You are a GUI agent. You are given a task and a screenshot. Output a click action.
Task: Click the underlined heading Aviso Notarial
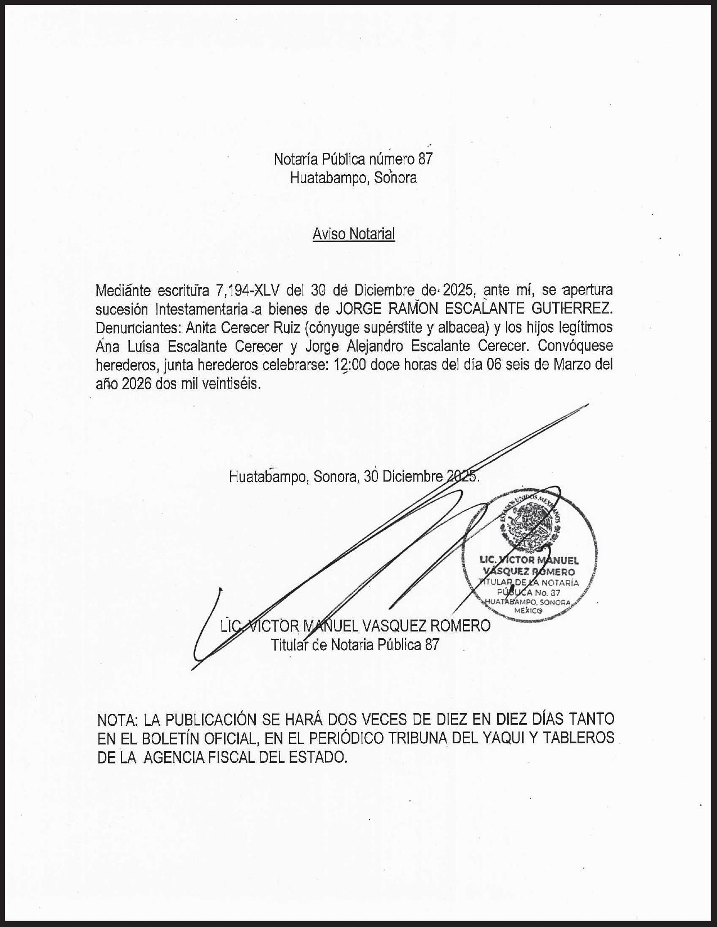coord(354,234)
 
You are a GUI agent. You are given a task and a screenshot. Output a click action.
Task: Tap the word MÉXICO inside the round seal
coord(529,610)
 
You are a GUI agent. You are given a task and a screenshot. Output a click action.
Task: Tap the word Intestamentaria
coord(202,309)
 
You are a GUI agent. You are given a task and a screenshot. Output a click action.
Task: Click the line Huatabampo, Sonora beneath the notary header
coord(353,178)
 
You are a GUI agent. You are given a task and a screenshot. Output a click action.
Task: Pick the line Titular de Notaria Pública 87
coord(355,644)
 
